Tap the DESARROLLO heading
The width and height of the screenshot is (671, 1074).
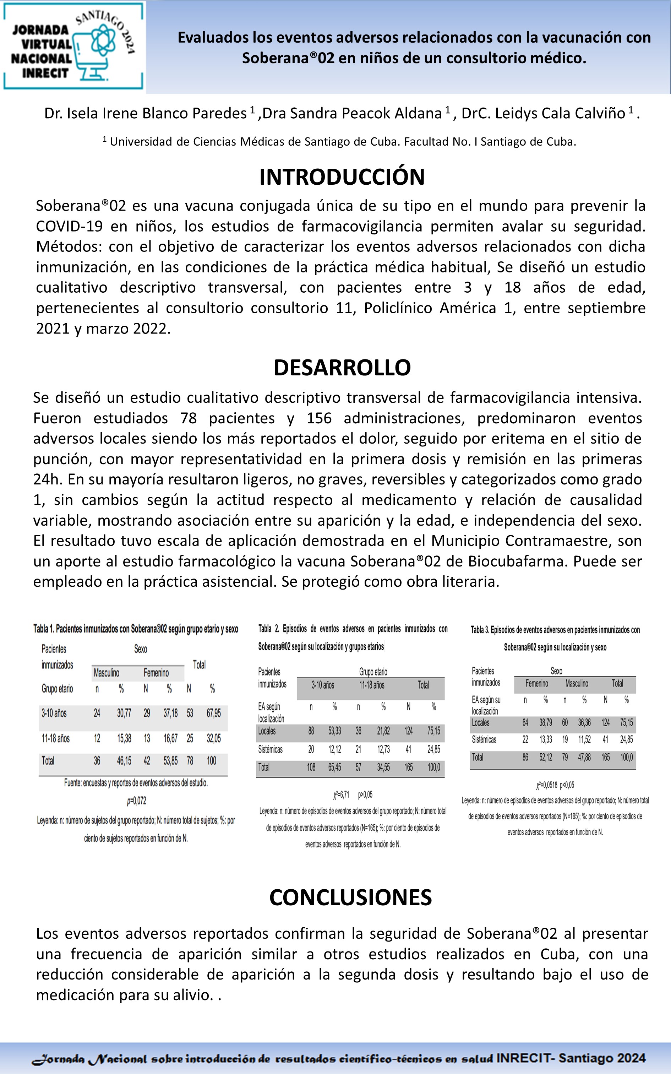pyautogui.click(x=342, y=368)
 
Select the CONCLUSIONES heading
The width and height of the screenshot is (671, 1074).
pyautogui.click(x=350, y=897)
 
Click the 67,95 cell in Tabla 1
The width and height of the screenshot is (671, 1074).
pyautogui.click(x=213, y=713)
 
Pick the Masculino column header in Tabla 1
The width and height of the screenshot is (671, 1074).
pyautogui.click(x=107, y=673)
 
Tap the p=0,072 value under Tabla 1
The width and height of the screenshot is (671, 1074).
pyautogui.click(x=136, y=801)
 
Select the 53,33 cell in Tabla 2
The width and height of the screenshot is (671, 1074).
pyautogui.click(x=334, y=731)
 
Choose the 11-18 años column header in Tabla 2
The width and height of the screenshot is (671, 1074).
pyautogui.click(x=371, y=685)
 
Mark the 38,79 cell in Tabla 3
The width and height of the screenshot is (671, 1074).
pyautogui.click(x=545, y=722)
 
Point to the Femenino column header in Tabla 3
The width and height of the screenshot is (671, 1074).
pyautogui.click(x=536, y=683)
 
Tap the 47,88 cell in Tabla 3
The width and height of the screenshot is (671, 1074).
pyautogui.click(x=584, y=757)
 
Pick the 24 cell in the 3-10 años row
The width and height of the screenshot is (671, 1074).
pyautogui.click(x=97, y=713)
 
